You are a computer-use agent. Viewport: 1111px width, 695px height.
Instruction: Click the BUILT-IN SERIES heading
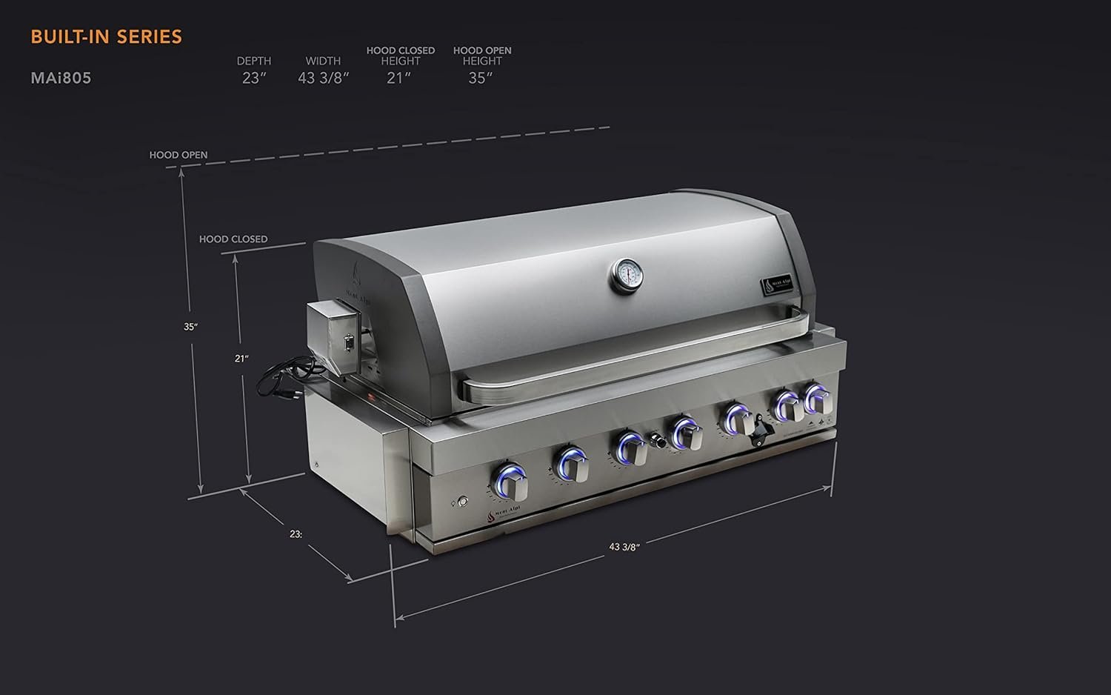pyautogui.click(x=106, y=37)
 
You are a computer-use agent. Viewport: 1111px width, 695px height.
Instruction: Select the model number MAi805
pyautogui.click(x=61, y=78)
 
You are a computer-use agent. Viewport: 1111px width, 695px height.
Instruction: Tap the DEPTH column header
pyautogui.click(x=254, y=61)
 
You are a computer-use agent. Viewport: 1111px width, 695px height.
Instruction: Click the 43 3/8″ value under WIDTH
pyautogui.click(x=323, y=78)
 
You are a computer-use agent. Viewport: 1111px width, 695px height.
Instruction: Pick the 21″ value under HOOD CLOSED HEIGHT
pyautogui.click(x=398, y=78)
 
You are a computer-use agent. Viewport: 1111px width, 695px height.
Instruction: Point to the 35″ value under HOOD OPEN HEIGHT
pyautogui.click(x=481, y=78)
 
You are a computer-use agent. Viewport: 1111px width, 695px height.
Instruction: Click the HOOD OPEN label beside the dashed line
pyautogui.click(x=179, y=155)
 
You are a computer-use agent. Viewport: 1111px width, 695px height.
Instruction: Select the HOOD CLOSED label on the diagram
pyautogui.click(x=233, y=239)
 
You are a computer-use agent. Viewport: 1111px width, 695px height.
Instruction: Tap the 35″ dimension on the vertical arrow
pyautogui.click(x=191, y=327)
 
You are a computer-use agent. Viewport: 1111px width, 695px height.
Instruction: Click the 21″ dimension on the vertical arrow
pyautogui.click(x=241, y=359)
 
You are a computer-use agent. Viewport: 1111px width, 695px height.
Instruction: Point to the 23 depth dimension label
pyautogui.click(x=296, y=534)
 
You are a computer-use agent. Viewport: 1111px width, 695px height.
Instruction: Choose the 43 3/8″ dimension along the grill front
pyautogui.click(x=624, y=547)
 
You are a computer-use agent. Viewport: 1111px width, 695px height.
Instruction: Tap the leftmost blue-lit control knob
pyautogui.click(x=511, y=482)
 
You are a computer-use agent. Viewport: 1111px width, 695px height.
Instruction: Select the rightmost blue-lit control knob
pyautogui.click(x=818, y=399)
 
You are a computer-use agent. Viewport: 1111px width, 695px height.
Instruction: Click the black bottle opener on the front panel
pyautogui.click(x=761, y=431)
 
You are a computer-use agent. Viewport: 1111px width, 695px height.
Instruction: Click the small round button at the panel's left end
pyautogui.click(x=463, y=502)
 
